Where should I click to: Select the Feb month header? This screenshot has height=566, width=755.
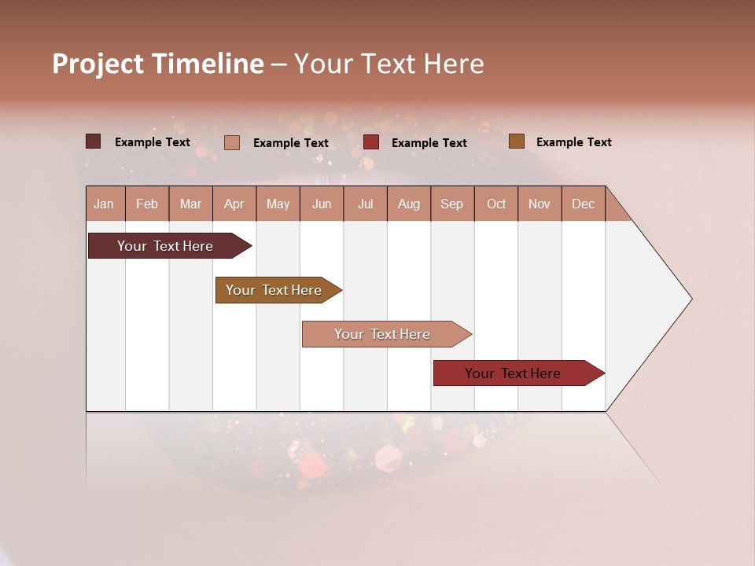tap(147, 204)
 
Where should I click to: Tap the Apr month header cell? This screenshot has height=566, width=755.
tap(234, 204)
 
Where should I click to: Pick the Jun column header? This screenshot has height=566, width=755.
tap(322, 204)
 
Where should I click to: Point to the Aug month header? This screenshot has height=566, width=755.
tap(409, 204)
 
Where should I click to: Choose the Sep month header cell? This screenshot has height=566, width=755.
tap(452, 204)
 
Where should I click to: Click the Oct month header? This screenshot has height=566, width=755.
tap(496, 204)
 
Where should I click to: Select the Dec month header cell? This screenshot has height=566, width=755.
tap(584, 204)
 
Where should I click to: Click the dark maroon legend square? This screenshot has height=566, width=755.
tap(94, 141)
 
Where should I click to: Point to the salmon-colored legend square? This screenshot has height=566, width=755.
tap(232, 142)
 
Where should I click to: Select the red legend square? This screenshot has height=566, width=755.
tap(371, 142)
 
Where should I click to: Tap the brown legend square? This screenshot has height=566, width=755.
tap(516, 141)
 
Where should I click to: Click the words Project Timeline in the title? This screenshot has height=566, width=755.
tap(158, 64)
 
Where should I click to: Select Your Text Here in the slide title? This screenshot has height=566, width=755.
tap(389, 64)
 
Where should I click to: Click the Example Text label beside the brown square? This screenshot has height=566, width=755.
tap(573, 142)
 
